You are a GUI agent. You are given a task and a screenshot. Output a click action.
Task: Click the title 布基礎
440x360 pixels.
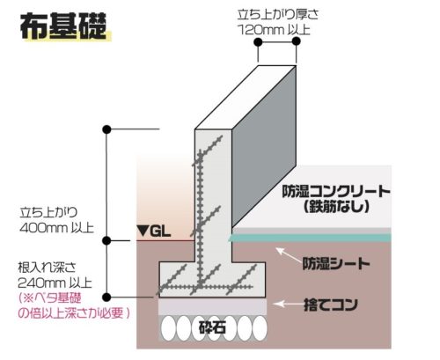(63, 26)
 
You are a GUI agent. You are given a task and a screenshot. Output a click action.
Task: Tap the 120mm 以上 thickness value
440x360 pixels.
(274, 30)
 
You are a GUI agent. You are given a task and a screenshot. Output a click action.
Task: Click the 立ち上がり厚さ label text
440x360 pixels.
(278, 15)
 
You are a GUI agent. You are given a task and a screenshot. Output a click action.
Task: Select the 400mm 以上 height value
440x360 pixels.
(56, 228)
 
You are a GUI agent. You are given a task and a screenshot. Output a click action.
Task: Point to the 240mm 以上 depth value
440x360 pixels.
(55, 283)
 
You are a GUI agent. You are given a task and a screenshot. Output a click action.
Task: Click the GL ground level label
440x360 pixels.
(160, 231)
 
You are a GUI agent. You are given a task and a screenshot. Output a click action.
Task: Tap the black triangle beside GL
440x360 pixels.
(143, 231)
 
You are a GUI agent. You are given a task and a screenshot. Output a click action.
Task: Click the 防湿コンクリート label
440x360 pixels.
(336, 192)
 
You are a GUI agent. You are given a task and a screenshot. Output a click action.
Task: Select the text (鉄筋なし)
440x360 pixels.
(336, 206)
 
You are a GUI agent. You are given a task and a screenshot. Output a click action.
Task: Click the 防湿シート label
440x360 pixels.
(336, 263)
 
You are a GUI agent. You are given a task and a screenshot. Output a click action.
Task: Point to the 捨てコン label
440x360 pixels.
(331, 305)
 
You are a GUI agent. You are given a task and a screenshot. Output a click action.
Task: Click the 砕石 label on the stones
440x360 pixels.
(212, 327)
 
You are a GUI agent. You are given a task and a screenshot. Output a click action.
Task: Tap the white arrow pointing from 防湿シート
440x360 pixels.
(289, 255)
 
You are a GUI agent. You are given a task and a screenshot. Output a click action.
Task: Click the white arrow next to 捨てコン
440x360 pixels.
(288, 304)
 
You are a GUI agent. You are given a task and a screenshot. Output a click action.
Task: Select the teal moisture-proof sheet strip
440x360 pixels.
(310, 238)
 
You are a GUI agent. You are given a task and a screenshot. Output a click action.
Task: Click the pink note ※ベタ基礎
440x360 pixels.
(49, 298)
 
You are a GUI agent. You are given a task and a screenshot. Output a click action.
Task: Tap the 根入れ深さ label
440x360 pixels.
(47, 268)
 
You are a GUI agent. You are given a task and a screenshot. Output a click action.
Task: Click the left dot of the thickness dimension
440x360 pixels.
(258, 42)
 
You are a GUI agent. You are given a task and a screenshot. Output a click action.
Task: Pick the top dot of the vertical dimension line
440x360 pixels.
(107, 129)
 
